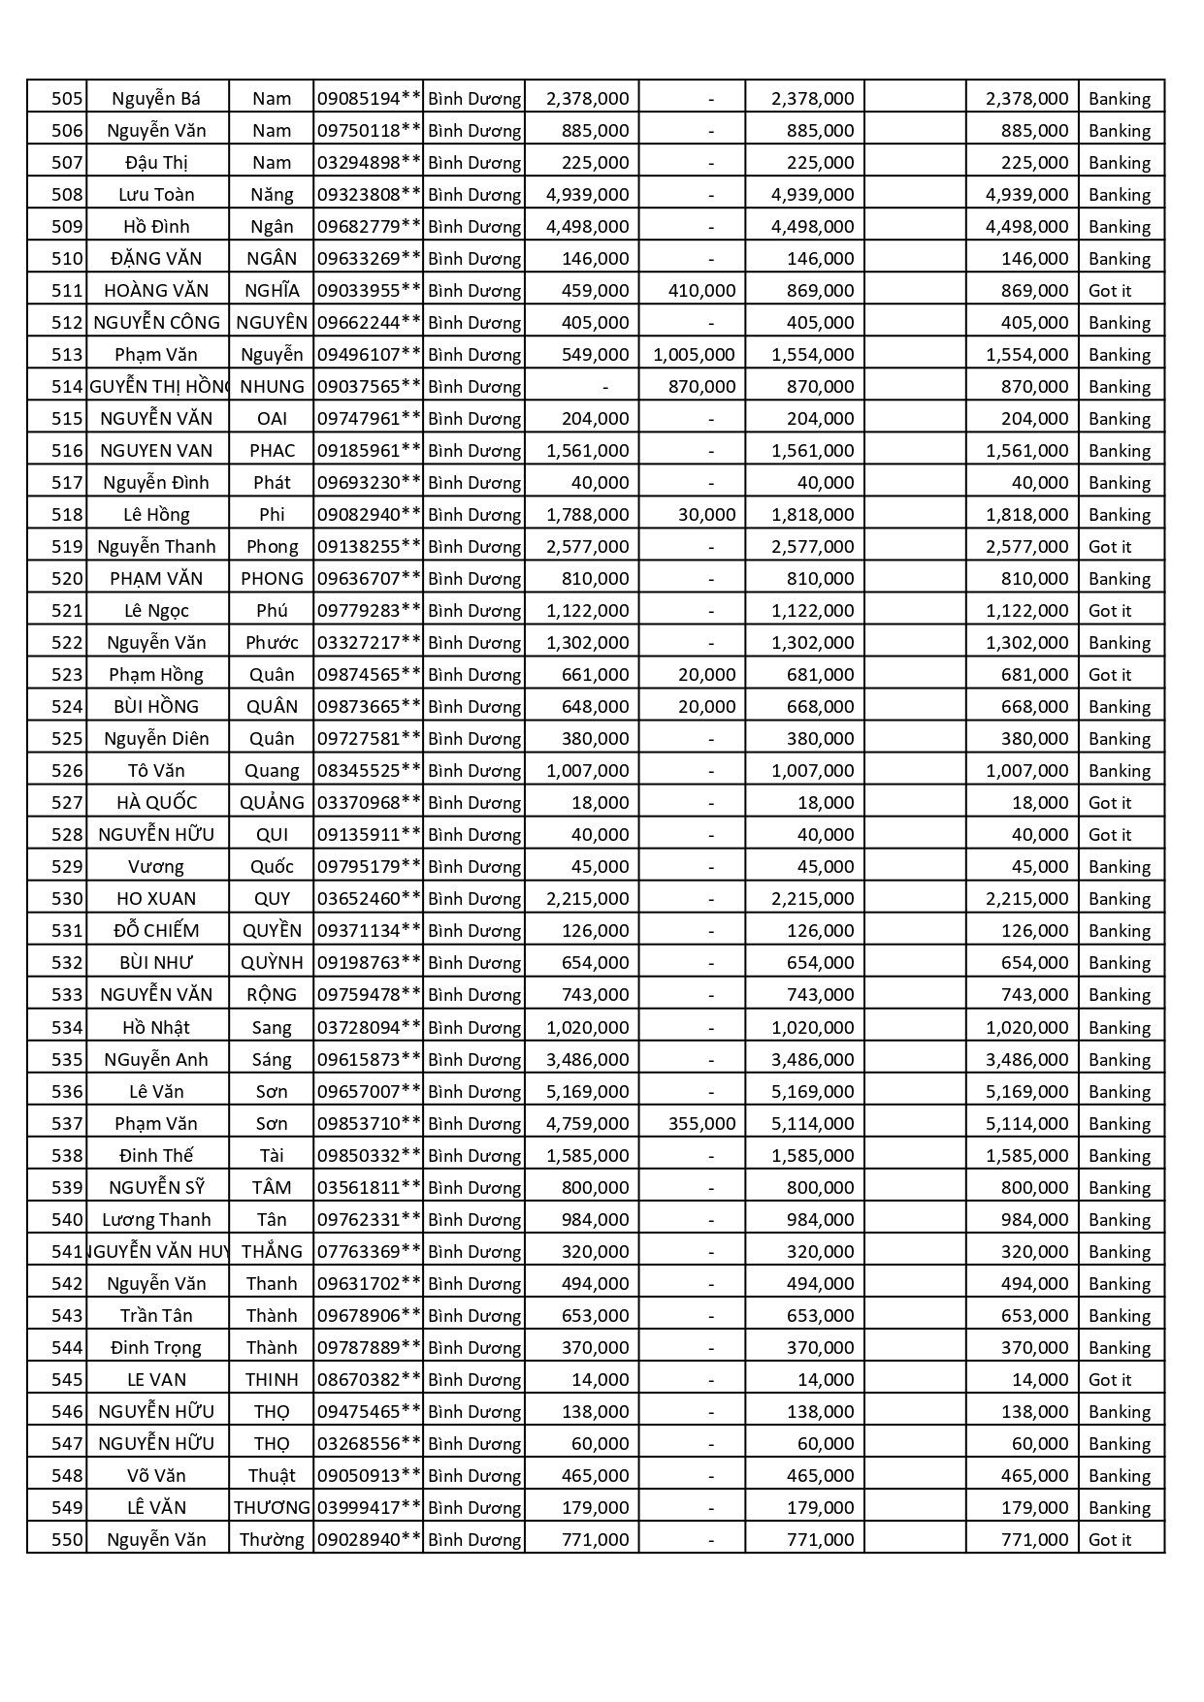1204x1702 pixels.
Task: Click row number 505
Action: click(x=66, y=98)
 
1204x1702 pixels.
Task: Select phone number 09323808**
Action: click(x=369, y=194)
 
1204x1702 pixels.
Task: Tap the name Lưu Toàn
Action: click(x=156, y=194)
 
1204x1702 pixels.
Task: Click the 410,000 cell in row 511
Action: click(x=701, y=290)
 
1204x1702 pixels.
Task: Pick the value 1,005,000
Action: click(x=694, y=354)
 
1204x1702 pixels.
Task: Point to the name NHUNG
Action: click(x=272, y=386)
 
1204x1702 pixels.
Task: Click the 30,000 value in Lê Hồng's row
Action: click(x=706, y=514)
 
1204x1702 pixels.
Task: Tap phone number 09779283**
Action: click(x=369, y=610)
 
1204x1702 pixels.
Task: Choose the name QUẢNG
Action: click(x=272, y=802)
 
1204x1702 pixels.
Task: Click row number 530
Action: click(x=66, y=898)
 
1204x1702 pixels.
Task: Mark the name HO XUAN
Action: click(x=156, y=898)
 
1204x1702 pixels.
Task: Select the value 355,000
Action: click(x=701, y=1123)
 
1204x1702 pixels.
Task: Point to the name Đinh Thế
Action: click(x=156, y=1155)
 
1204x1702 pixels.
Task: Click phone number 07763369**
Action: click(x=369, y=1251)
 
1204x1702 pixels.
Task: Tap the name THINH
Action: click(x=272, y=1379)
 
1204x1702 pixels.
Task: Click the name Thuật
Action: click(x=272, y=1475)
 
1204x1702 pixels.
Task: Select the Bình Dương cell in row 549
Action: click(x=474, y=1507)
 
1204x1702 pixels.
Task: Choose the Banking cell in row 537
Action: click(x=1119, y=1123)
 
